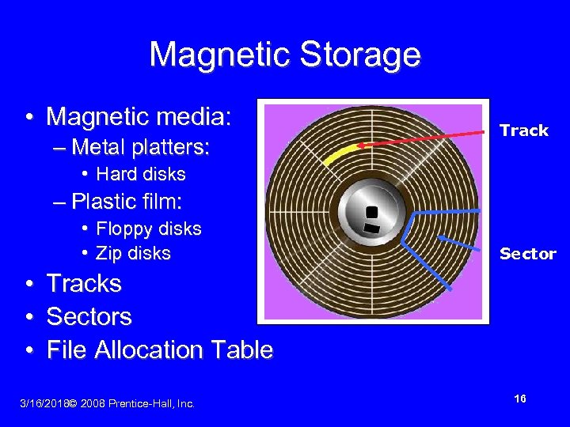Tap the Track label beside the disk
(x=524, y=130)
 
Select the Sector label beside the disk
(x=527, y=254)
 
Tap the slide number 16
(x=520, y=399)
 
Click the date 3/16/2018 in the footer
(x=43, y=404)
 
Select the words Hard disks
(x=140, y=174)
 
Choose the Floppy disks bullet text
(x=148, y=229)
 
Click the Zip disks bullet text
(x=133, y=253)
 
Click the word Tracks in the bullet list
(x=84, y=283)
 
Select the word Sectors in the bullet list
(x=89, y=316)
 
